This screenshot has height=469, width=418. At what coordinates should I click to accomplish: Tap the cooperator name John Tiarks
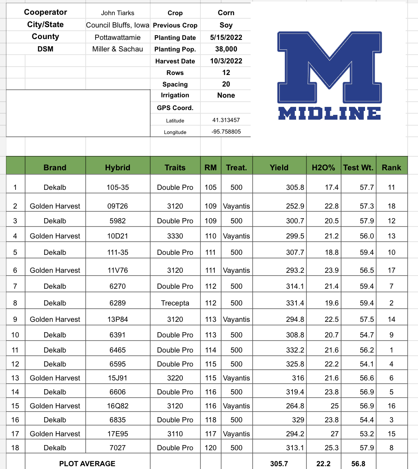pyautogui.click(x=118, y=13)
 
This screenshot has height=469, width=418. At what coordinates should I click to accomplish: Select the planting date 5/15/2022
pyautogui.click(x=226, y=37)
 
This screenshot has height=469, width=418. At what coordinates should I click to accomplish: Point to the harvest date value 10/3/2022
pyautogui.click(x=226, y=61)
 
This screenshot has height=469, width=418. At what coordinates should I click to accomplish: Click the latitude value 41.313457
pyautogui.click(x=226, y=120)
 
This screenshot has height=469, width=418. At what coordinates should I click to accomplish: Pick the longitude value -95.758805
pyautogui.click(x=226, y=132)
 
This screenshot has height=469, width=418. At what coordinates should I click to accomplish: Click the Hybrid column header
pyautogui.click(x=118, y=167)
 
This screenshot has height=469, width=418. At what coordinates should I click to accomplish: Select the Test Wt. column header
pyautogui.click(x=358, y=167)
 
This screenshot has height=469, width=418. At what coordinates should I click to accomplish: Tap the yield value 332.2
pyautogui.click(x=295, y=350)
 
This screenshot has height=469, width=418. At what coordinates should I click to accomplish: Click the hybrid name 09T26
pyautogui.click(x=118, y=206)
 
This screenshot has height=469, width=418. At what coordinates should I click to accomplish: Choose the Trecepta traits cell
pyautogui.click(x=175, y=303)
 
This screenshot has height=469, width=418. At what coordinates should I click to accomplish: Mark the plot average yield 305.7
pyautogui.click(x=279, y=463)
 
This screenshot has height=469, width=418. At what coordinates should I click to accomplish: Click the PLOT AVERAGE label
pyautogui.click(x=87, y=463)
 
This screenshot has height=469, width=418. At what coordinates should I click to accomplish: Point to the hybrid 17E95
pyautogui.click(x=118, y=434)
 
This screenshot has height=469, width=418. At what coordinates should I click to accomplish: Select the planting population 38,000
pyautogui.click(x=226, y=49)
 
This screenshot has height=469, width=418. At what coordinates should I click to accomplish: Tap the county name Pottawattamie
pyautogui.click(x=118, y=37)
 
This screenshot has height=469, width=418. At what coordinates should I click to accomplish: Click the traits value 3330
pyautogui.click(x=175, y=236)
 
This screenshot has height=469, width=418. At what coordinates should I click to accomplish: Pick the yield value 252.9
pyautogui.click(x=295, y=206)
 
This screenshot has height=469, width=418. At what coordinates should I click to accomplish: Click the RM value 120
pyautogui.click(x=210, y=447)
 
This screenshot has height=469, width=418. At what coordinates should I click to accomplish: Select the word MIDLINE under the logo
pyautogui.click(x=329, y=113)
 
